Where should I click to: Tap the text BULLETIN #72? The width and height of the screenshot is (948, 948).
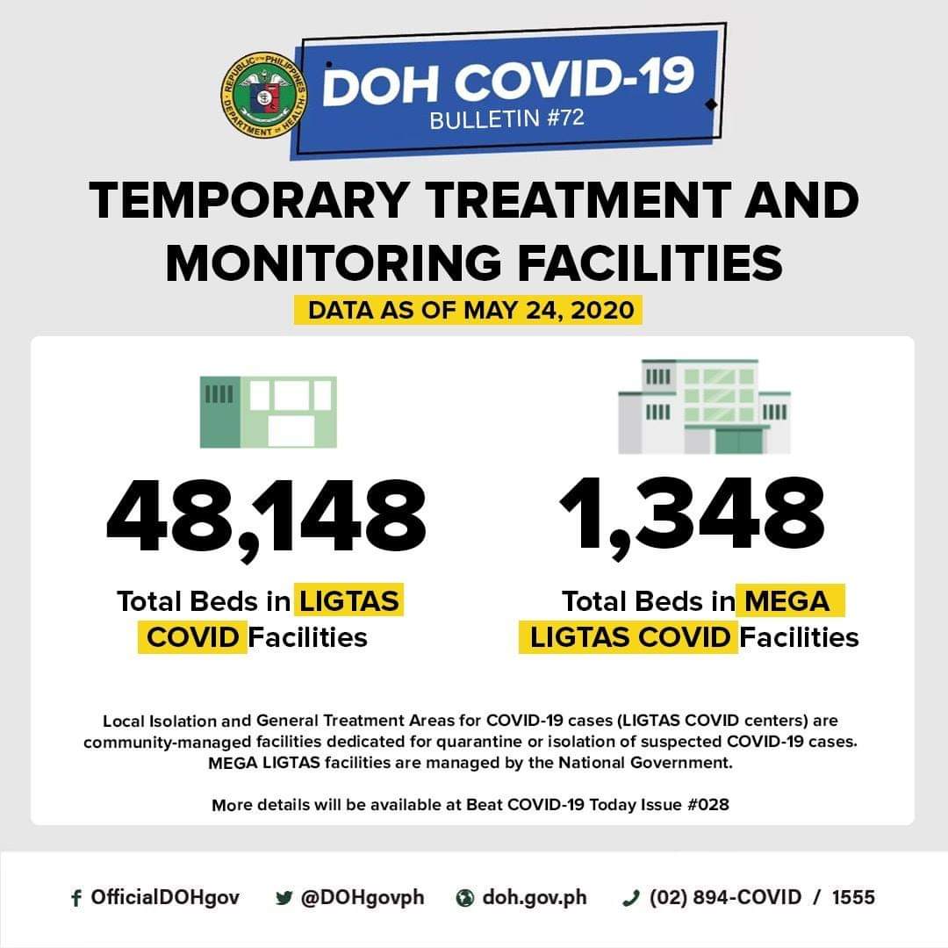point(506,118)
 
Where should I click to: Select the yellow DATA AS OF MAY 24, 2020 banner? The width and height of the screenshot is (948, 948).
point(470,311)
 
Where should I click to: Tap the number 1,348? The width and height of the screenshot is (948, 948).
point(692,517)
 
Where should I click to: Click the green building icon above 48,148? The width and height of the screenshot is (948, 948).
point(268,413)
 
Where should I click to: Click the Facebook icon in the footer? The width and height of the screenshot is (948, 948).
point(75,898)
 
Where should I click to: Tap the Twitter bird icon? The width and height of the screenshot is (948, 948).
point(283,898)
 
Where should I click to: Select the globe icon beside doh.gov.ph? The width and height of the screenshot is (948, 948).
point(465,898)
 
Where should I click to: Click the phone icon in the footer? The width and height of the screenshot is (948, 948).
point(628,898)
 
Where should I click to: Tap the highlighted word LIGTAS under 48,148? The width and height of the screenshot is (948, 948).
point(349,601)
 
